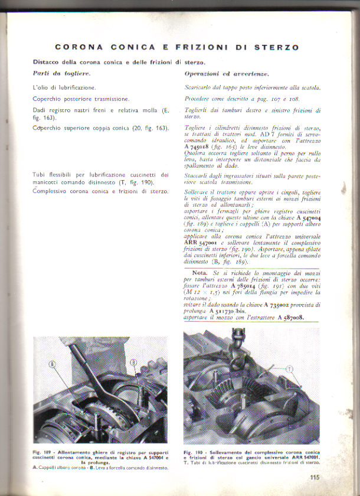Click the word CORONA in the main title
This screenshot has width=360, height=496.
78,47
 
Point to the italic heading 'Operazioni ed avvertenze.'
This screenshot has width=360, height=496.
218,73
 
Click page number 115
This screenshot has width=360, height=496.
314,479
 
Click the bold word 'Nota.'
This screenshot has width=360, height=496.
200,273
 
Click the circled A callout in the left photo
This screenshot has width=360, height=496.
53,364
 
